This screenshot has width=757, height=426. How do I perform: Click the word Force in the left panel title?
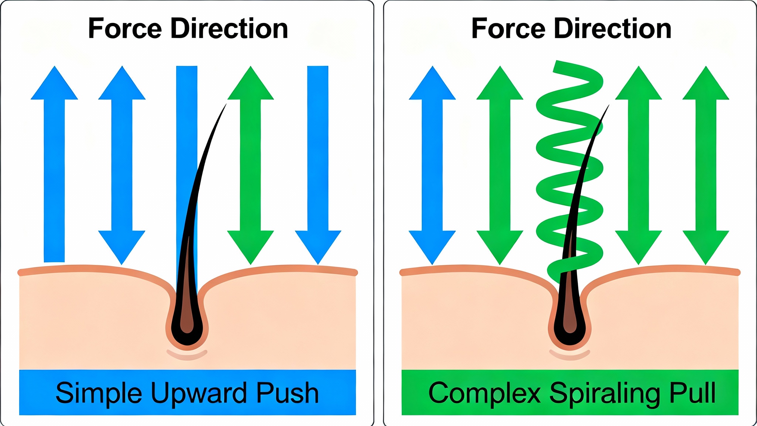tap(125, 28)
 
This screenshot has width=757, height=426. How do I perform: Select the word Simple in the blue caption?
tap(99, 393)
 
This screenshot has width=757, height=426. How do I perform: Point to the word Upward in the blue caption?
tap(198, 393)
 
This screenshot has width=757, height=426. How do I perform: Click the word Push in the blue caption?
tap(287, 393)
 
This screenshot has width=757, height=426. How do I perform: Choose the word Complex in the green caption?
tap(484, 393)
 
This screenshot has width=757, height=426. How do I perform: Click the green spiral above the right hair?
tap(569, 148)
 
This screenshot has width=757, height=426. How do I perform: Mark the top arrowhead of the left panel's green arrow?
tap(251, 85)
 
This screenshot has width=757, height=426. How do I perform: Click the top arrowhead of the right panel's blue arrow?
tap(432, 85)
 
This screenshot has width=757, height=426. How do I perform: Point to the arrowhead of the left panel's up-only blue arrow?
tap(54, 85)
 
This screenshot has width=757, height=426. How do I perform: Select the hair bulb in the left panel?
tap(187, 325)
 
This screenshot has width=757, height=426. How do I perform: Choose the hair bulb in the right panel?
tap(570, 325)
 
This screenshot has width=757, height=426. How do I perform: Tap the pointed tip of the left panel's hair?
tap(225, 106)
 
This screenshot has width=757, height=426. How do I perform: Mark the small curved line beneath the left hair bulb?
tap(187, 355)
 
